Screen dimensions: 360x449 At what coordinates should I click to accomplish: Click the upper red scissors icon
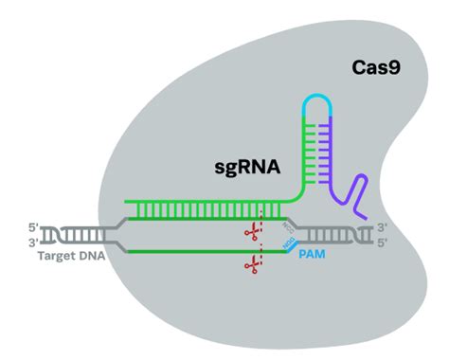coord(252,230)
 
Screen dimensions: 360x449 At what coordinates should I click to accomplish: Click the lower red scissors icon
coord(252,268)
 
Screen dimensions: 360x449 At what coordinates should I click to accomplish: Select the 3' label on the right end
coord(382,226)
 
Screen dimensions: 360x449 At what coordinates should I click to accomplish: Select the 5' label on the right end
coord(382,242)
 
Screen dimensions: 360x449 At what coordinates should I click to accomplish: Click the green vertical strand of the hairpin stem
coord(304,152)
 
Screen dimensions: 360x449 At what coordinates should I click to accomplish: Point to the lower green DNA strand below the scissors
coord(189,251)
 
